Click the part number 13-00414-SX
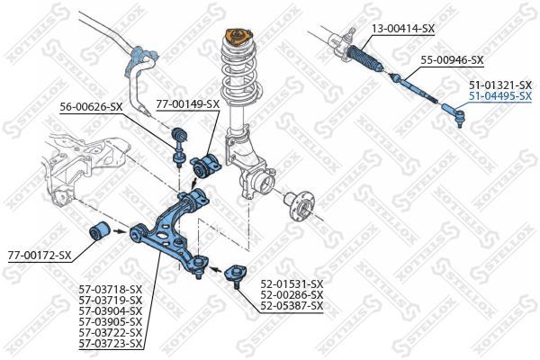click(402, 29)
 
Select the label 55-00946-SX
click(452, 60)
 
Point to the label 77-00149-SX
click(187, 103)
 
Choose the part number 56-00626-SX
click(91, 106)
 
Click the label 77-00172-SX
click(39, 256)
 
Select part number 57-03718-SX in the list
click(110, 289)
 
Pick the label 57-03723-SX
click(110, 343)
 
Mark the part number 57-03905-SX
click(110, 321)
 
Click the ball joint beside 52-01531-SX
click(236, 272)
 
